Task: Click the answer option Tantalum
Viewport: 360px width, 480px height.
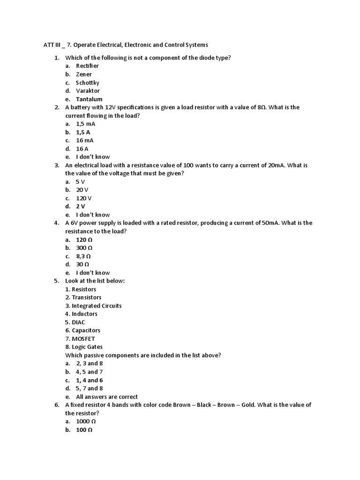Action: coord(89,99)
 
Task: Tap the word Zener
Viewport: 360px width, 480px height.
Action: coord(84,74)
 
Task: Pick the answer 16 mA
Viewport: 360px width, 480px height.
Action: coord(85,140)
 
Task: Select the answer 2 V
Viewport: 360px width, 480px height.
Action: coord(81,206)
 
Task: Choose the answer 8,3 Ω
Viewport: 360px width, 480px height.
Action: coord(83,256)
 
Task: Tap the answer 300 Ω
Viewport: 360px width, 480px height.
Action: coord(84,247)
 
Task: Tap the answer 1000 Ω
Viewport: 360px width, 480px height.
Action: coord(86,421)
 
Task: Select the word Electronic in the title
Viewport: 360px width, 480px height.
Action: coord(137,45)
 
